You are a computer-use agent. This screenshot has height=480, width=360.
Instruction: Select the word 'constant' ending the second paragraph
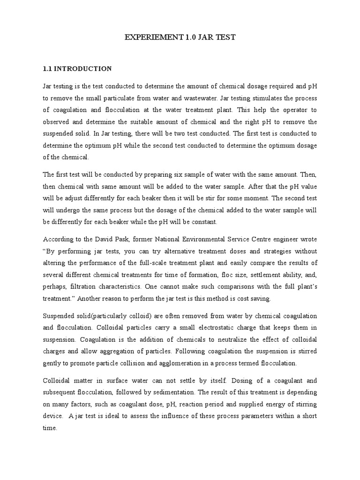[x=204, y=222]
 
